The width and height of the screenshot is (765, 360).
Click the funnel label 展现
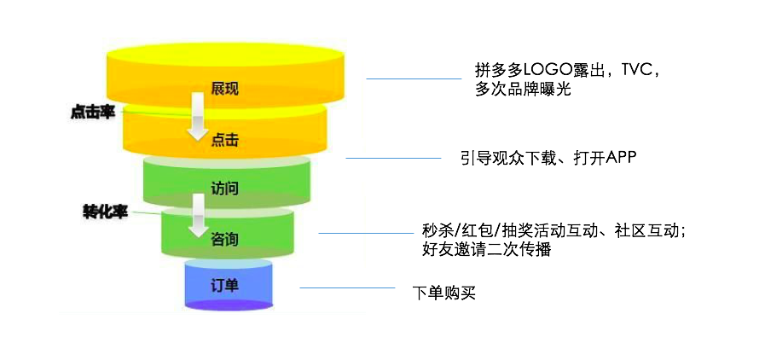coord(224,90)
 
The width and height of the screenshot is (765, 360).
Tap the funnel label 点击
coord(224,141)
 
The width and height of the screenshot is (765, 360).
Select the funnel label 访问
coord(224,189)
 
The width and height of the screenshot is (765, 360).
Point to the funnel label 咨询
coord(224,240)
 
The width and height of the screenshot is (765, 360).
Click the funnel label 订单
coord(224,286)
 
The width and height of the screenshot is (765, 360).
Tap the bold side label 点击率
coord(92,113)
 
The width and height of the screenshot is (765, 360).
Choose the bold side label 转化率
coord(105,213)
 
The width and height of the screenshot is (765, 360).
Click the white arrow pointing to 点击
coord(198,117)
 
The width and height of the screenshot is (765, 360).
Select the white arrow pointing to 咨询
coord(198,215)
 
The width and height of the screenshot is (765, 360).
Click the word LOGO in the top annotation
coord(544,70)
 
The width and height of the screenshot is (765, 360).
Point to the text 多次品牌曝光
coord(523,90)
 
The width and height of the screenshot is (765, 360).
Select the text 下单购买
coord(443,293)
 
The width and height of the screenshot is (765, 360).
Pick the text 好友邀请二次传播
coord(487,250)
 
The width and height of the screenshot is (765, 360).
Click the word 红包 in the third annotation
coord(475,230)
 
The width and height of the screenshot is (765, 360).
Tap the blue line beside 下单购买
coord(347,287)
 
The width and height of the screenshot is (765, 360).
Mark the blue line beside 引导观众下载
coord(393,158)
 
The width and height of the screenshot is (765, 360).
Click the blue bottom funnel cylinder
coord(229,286)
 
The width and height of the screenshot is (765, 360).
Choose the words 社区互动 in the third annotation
coord(646,230)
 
